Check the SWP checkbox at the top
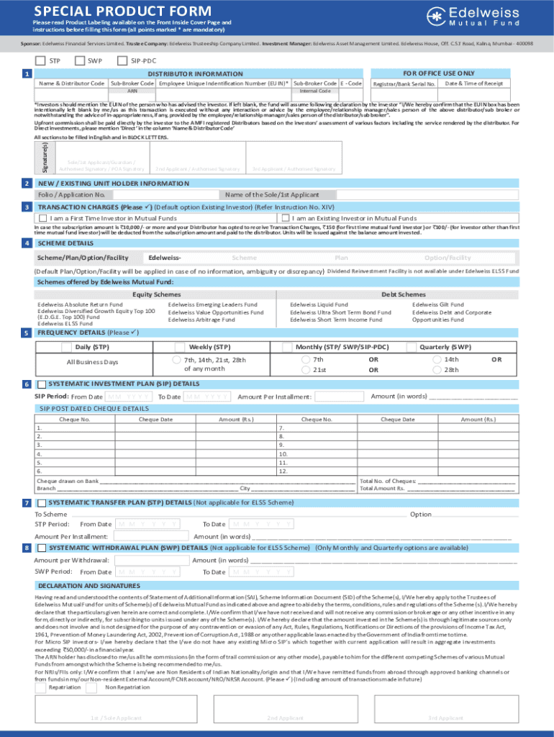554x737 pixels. point(80,60)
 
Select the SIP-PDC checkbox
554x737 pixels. point(122,60)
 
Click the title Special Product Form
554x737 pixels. point(123,12)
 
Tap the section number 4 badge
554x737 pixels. point(26,243)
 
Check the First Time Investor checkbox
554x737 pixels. point(44,218)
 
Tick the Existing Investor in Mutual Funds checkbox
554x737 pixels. point(286,218)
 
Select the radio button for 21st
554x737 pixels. point(306,369)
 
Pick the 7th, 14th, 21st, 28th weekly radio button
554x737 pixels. point(176,359)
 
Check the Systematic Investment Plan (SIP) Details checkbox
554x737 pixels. point(42,384)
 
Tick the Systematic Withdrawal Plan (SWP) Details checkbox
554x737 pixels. point(42,548)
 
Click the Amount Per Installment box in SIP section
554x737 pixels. point(340,397)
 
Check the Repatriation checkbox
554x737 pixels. point(41,688)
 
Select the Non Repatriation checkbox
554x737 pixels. point(91,688)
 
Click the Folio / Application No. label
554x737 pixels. point(71,194)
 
